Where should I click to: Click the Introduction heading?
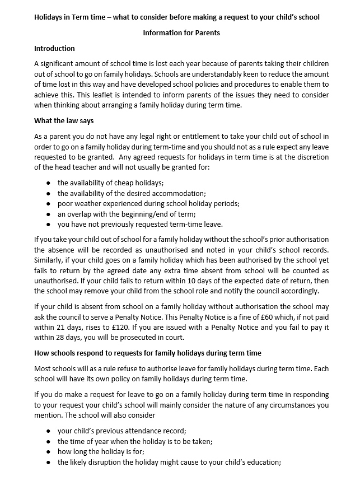[x=54, y=48]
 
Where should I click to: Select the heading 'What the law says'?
[x=64, y=120]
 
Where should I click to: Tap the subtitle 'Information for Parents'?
[x=181, y=32]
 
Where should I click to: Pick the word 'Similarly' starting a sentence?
[x=49, y=260]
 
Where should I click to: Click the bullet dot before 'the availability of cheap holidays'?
[x=49, y=183]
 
